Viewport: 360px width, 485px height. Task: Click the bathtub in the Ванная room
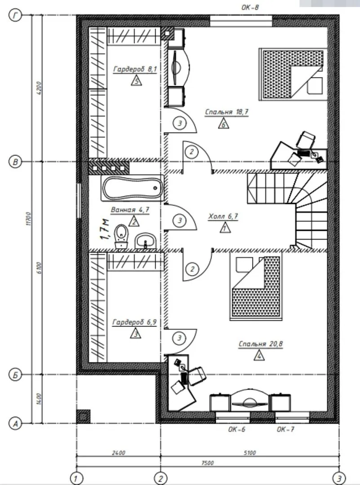(x=133, y=188)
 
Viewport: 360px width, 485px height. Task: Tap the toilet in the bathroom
(x=121, y=236)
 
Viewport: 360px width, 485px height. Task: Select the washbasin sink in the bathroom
(x=146, y=241)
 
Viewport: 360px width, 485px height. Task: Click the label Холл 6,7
(x=223, y=216)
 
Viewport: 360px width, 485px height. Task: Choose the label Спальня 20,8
(x=261, y=344)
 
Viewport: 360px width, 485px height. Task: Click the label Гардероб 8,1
(x=135, y=69)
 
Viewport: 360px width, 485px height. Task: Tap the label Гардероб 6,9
(x=134, y=322)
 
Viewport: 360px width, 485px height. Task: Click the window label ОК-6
(x=237, y=429)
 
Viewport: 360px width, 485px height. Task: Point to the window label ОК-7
(x=286, y=429)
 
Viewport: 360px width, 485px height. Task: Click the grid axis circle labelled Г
(x=15, y=15)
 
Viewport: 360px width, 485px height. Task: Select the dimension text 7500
(x=207, y=463)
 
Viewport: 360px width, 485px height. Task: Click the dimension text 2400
(x=119, y=453)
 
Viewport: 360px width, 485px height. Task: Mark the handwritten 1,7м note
(x=105, y=229)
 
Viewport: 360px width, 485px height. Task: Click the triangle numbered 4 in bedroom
(x=259, y=356)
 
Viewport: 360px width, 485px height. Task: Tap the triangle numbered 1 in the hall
(x=225, y=228)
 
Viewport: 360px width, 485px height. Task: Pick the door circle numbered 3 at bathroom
(x=180, y=220)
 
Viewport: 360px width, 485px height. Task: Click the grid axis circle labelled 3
(x=339, y=478)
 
